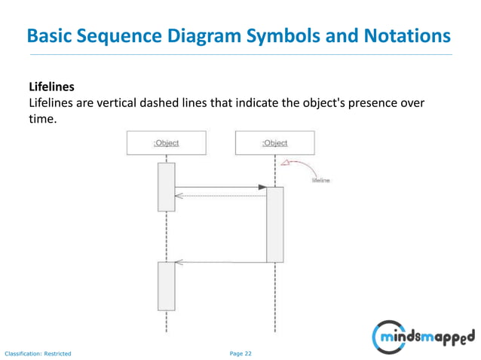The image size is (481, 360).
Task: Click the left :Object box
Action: point(166,142)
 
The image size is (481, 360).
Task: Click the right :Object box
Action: point(274,142)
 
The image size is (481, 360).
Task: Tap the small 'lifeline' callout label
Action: point(320,181)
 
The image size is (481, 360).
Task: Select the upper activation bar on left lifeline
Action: point(166,186)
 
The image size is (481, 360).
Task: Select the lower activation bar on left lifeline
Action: point(166,285)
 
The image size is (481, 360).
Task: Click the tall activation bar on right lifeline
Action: point(274,224)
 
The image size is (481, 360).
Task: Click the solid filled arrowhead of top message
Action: point(262,187)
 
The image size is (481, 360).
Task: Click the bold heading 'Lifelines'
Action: point(51,87)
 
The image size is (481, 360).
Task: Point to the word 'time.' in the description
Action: point(43,118)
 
